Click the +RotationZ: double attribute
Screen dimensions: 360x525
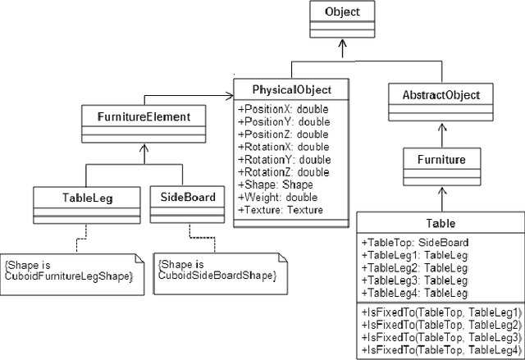(x=283, y=172)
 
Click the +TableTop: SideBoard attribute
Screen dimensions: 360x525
(x=414, y=243)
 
